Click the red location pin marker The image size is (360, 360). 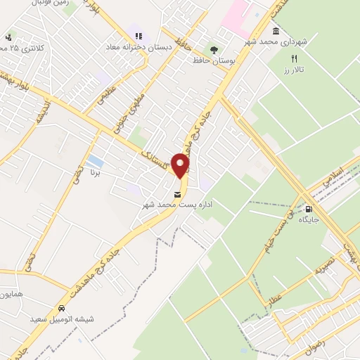click(181, 166)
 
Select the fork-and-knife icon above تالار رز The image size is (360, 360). click(295, 59)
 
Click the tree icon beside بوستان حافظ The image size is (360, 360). click(213, 49)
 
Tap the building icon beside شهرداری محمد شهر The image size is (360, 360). click(275, 32)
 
